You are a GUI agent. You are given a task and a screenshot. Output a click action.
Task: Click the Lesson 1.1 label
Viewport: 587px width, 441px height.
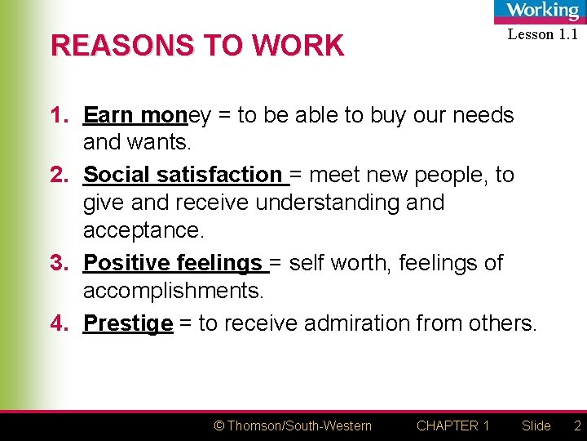542,34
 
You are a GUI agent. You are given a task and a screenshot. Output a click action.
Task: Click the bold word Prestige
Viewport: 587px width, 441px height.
128,323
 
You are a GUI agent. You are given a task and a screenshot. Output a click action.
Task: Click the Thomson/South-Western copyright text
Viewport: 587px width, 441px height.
292,425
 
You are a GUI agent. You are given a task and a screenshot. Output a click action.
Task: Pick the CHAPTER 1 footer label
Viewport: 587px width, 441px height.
452,425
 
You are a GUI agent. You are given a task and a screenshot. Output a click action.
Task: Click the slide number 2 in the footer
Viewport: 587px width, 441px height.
577,425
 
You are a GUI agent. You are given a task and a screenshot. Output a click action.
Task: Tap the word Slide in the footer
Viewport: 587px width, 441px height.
536,425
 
